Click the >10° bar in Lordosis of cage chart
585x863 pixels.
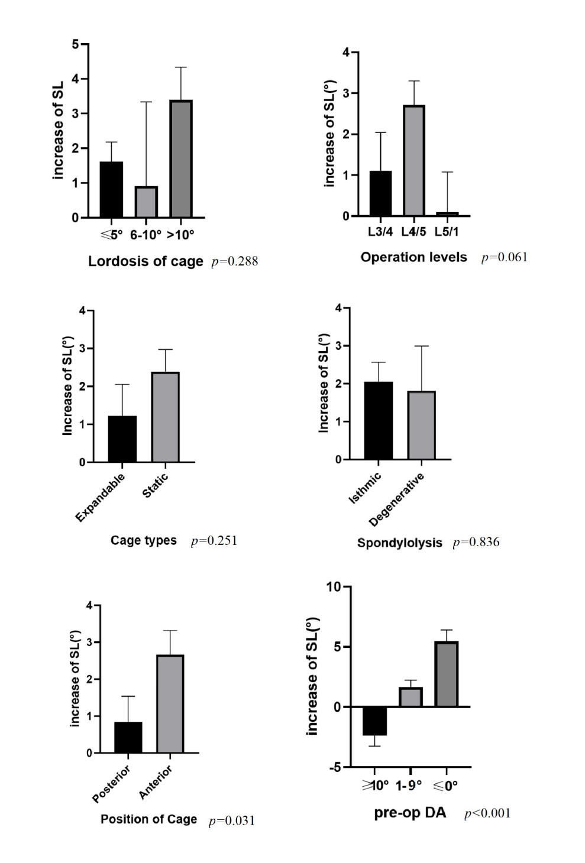[x=181, y=159]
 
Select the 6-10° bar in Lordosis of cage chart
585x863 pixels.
[x=146, y=202]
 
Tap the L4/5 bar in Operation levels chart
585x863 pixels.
[x=414, y=160]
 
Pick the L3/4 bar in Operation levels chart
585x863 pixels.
[x=380, y=193]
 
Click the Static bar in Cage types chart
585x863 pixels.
[x=165, y=417]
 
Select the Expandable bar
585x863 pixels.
[x=122, y=439]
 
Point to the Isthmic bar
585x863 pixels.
[x=379, y=421]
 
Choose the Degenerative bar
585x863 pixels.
[x=421, y=426]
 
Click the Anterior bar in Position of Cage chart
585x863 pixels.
[x=170, y=704]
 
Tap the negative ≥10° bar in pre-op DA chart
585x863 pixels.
[x=374, y=721]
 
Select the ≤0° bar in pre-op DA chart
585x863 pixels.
[x=447, y=674]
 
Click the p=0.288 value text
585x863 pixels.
[x=234, y=262]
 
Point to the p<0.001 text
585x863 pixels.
[x=487, y=814]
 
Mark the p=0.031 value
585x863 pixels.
[x=231, y=821]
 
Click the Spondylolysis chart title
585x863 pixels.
[x=399, y=543]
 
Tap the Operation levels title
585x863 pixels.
[x=413, y=258]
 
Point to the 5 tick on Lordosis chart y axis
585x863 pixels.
[x=75, y=44]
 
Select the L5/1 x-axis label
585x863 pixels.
[x=447, y=232]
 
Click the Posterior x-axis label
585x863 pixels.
[x=111, y=784]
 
